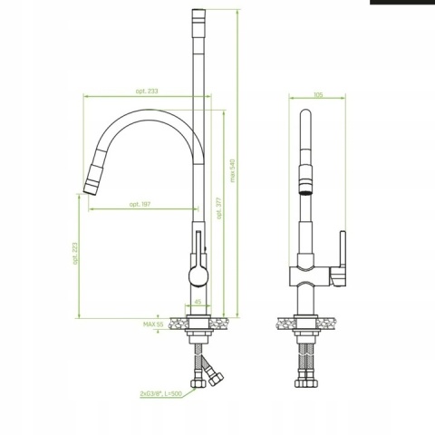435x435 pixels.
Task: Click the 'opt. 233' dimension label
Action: pos(148,90)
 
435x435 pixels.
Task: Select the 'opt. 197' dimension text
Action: pos(140,204)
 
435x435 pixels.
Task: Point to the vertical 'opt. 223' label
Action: pos(77,252)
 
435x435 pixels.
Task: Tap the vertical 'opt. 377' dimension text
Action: pos(219,209)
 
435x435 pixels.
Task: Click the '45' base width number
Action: pos(198,304)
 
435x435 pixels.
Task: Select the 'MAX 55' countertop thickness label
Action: pos(152,323)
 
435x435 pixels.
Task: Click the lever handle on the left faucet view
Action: pos(199,245)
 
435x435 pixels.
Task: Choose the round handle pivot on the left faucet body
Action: pos(198,275)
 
